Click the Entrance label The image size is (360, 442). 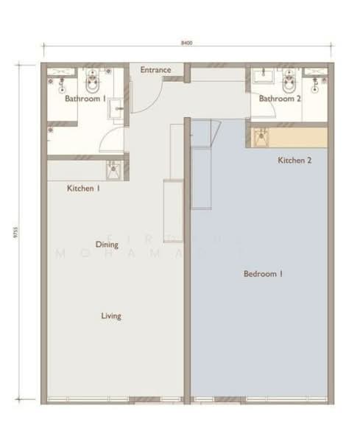[155, 71]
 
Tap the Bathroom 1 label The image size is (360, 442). [85, 98]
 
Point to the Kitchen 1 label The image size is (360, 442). [83, 189]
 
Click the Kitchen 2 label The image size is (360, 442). [294, 160]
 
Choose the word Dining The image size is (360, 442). [107, 244]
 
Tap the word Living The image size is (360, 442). [111, 316]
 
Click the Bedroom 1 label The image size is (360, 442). [264, 274]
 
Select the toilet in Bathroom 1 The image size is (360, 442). [91, 78]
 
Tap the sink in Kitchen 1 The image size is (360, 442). [113, 171]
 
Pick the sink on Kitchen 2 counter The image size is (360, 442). [261, 136]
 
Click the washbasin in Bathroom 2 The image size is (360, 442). [261, 77]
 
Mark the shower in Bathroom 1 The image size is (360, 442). [58, 80]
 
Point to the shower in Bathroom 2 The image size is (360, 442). [317, 78]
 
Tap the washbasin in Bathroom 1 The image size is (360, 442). [118, 108]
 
